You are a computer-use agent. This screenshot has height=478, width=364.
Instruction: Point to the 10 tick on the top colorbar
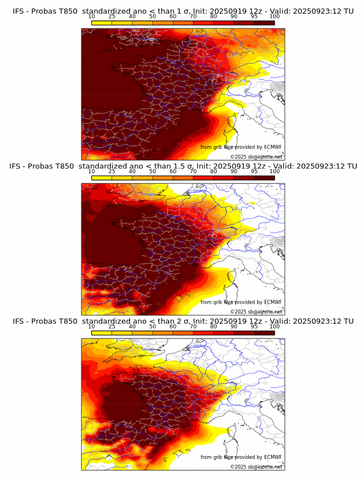(x=92, y=17)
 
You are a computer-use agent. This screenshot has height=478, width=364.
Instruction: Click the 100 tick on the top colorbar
(x=274, y=17)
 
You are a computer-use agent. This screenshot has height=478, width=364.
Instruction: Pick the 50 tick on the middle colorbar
(x=153, y=171)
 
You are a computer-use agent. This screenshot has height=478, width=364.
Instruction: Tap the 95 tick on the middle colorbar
(x=254, y=171)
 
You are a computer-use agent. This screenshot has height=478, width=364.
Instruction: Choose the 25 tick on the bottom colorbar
(x=112, y=326)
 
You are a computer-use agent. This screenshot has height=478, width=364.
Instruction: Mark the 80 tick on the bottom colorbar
(x=214, y=326)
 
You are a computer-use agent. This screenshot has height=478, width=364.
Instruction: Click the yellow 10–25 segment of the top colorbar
(x=102, y=23)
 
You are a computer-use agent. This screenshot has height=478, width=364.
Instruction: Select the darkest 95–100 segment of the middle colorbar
(x=264, y=177)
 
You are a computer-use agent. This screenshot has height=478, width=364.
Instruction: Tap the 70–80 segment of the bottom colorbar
(x=203, y=332)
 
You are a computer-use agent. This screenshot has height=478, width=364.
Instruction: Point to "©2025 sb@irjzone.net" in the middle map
(x=256, y=312)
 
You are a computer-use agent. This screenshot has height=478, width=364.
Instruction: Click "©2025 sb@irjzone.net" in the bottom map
(x=256, y=466)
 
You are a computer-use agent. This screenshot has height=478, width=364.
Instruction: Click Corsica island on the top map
(x=235, y=123)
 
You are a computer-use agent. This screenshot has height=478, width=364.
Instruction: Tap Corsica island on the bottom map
(x=235, y=432)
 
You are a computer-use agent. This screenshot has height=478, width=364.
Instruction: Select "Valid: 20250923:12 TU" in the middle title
(x=307, y=166)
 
